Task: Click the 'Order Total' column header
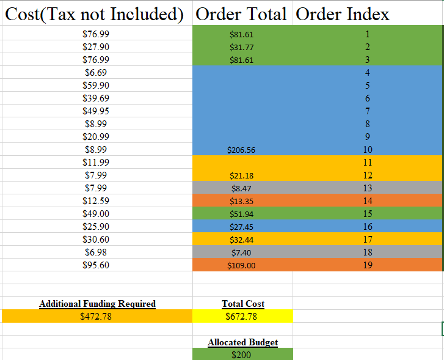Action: tap(241, 13)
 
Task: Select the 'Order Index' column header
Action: tap(342, 13)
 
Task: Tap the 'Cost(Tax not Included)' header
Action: tap(95, 13)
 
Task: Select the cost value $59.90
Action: tap(96, 86)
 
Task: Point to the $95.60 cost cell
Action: tap(96, 265)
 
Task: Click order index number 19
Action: tap(368, 265)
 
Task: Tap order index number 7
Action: tap(368, 111)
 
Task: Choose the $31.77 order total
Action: tap(241, 47)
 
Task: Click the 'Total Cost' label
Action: tap(243, 304)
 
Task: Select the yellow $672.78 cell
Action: tap(242, 317)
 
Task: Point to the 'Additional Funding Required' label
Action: tap(97, 304)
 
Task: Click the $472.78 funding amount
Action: tap(96, 317)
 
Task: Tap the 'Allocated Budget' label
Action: tap(242, 342)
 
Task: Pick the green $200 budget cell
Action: tap(242, 354)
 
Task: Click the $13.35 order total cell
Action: tap(241, 201)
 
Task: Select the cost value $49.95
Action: tap(96, 111)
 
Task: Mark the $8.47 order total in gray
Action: tap(241, 188)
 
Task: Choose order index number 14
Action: tap(368, 201)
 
